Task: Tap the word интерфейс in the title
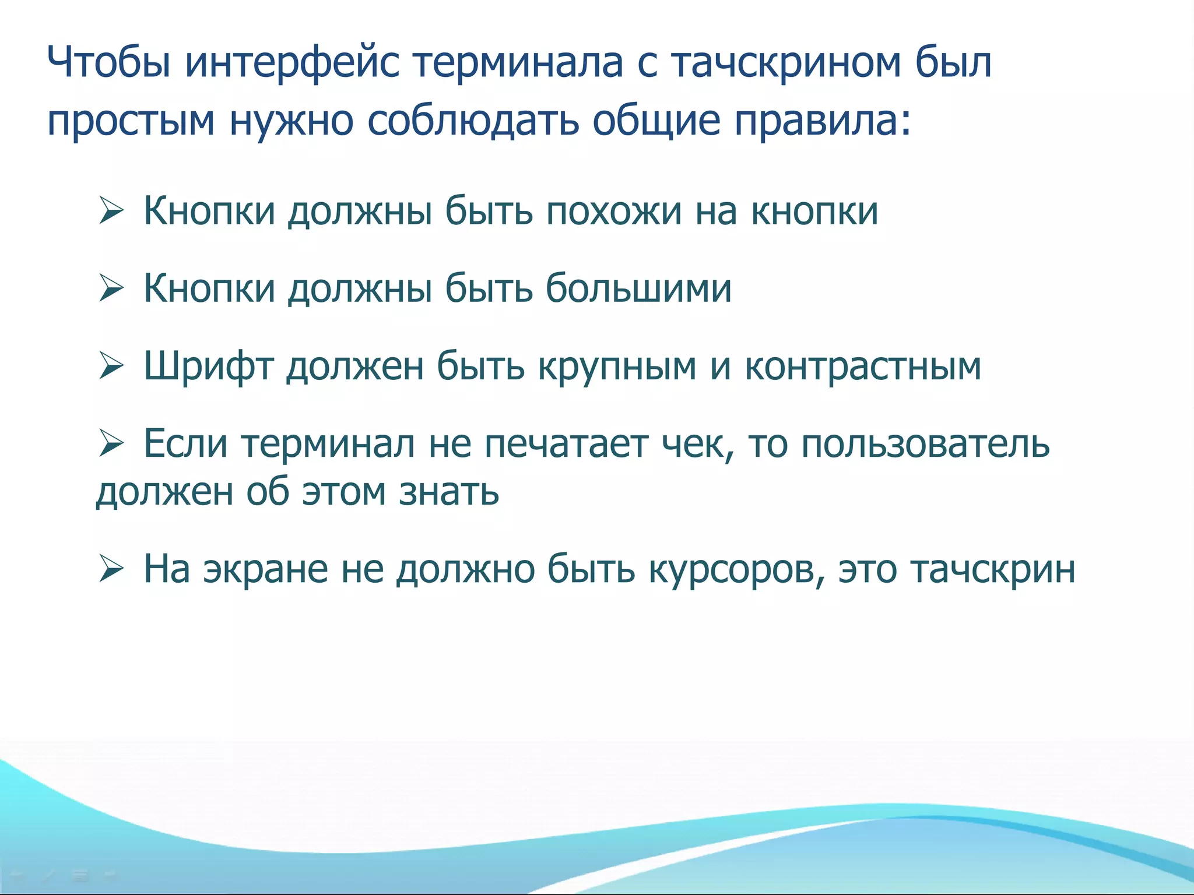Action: pyautogui.click(x=292, y=63)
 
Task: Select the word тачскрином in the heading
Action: pyautogui.click(x=785, y=63)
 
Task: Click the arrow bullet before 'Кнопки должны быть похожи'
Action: pyautogui.click(x=111, y=210)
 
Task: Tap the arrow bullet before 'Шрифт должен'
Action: pyautogui.click(x=111, y=366)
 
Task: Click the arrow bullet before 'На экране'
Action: pyautogui.click(x=111, y=569)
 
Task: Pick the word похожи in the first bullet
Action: pyautogui.click(x=613, y=211)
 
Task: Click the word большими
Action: pyautogui.click(x=638, y=288)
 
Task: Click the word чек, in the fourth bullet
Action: pyautogui.click(x=697, y=444)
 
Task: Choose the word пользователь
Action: pyautogui.click(x=925, y=444)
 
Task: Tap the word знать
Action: pyautogui.click(x=448, y=492)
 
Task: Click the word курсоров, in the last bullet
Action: pyautogui.click(x=736, y=569)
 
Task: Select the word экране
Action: pyautogui.click(x=265, y=569)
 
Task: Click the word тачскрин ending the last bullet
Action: pyautogui.click(x=992, y=569)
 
